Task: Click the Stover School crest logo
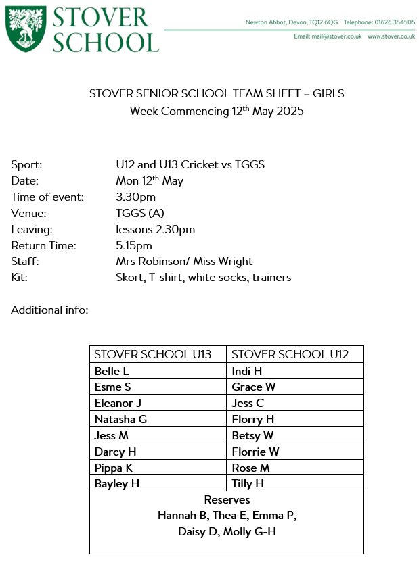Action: [x=26, y=29]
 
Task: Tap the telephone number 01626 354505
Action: [x=392, y=22]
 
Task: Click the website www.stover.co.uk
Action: [x=391, y=36]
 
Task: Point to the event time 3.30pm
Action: [x=135, y=197]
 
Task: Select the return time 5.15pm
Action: [x=134, y=245]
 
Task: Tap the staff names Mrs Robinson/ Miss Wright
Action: [x=184, y=262]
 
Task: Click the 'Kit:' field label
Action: [x=20, y=278]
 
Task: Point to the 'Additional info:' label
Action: [x=49, y=310]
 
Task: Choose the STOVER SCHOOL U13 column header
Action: [x=153, y=355]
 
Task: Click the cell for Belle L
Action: [x=112, y=371]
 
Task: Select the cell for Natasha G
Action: [x=120, y=419]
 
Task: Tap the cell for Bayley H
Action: [x=117, y=484]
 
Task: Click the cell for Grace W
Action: [x=254, y=387]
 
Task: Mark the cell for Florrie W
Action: [x=255, y=452]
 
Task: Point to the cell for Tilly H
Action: [x=248, y=484]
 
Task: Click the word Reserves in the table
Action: [x=227, y=500]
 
